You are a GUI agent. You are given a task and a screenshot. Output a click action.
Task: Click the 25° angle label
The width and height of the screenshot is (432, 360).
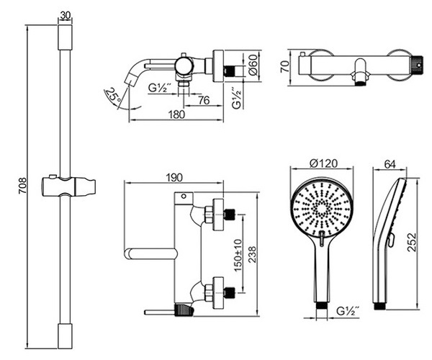(x=112, y=94)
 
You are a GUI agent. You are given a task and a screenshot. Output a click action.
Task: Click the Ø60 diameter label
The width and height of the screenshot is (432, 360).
(x=253, y=68)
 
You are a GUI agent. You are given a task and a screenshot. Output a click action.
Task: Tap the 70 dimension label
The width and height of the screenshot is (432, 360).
(x=283, y=68)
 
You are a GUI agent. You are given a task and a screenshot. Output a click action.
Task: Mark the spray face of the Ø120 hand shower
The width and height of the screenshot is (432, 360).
(x=322, y=205)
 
